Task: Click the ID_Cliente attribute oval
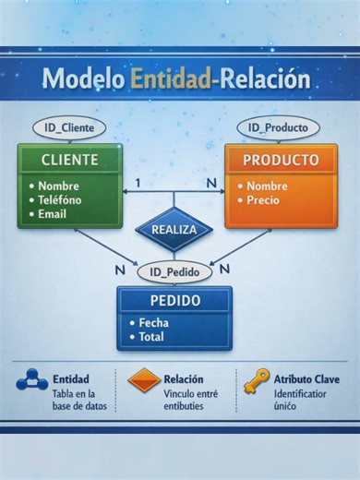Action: [x=69, y=127]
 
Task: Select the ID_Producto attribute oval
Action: [x=278, y=127]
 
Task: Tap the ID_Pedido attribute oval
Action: [x=174, y=272]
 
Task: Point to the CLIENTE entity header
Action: [x=69, y=160]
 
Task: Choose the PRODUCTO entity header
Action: [x=281, y=160]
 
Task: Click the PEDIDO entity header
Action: [x=174, y=301]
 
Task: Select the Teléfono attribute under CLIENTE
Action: [x=60, y=199]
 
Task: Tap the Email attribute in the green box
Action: [x=53, y=214]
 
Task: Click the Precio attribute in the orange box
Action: [x=263, y=200]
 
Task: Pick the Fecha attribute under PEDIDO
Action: [x=153, y=323]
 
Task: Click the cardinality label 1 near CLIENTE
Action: [x=138, y=183]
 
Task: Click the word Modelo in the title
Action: [x=82, y=78]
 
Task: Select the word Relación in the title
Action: [x=264, y=78]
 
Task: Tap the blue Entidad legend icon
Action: [x=31, y=379]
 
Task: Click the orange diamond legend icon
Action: [x=144, y=379]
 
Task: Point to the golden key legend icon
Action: [x=256, y=380]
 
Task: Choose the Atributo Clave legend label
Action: [x=306, y=378]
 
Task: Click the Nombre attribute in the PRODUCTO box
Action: [x=267, y=186]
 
